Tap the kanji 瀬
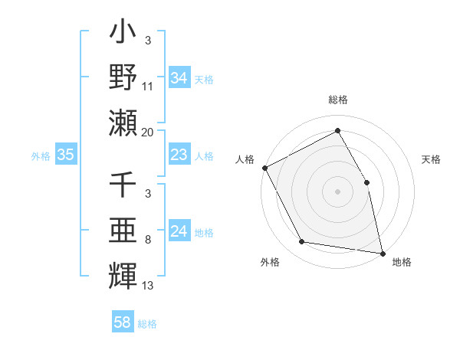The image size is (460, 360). (x=123, y=123)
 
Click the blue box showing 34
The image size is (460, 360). (x=179, y=78)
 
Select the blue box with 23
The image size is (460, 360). (x=179, y=155)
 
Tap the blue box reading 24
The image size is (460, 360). (x=179, y=232)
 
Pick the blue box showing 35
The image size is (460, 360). (x=66, y=155)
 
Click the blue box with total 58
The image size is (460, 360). (x=123, y=323)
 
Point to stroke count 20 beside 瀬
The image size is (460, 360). (x=148, y=133)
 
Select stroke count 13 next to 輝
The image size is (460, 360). (x=148, y=286)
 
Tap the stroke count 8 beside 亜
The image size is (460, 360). (x=148, y=241)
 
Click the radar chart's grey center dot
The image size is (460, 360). (x=337, y=191)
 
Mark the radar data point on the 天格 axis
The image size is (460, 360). (x=366, y=182)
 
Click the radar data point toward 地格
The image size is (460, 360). (x=382, y=253)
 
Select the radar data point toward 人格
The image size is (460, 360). (x=264, y=168)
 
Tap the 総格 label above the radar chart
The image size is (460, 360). (x=337, y=100)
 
